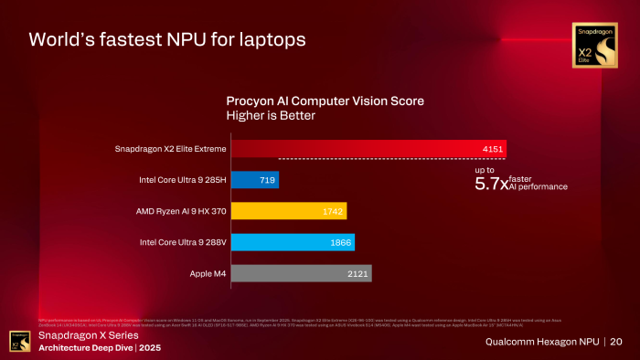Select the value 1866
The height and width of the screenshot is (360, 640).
click(338, 242)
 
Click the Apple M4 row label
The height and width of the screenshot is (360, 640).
click(200, 273)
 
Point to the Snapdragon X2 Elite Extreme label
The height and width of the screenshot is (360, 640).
click(168, 149)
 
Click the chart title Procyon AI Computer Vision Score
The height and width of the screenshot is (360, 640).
click(325, 101)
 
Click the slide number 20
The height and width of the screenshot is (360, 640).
click(616, 342)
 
